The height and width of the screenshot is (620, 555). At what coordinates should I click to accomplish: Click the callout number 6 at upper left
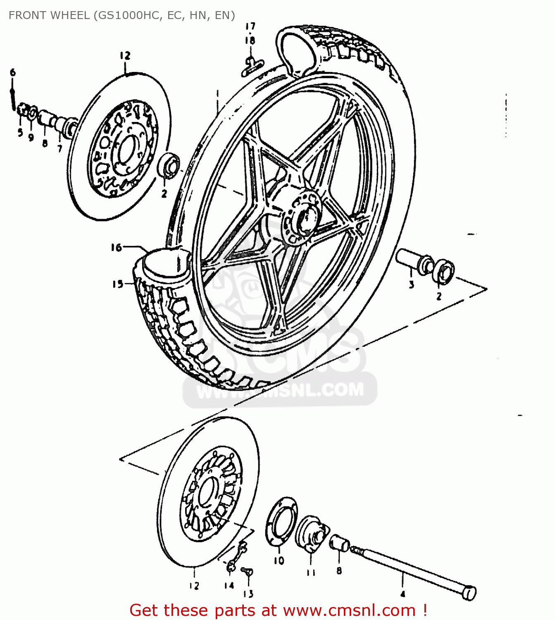[x=13, y=72]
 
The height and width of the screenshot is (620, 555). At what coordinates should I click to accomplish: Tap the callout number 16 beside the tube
[x=116, y=248]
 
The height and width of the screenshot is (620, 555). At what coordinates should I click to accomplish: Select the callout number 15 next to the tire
[x=117, y=284]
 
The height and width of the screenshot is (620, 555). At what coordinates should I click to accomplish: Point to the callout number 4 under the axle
[x=403, y=594]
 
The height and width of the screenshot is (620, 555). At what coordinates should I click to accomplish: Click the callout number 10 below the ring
[x=279, y=560]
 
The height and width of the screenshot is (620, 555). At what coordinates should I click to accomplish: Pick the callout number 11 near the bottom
[x=311, y=572]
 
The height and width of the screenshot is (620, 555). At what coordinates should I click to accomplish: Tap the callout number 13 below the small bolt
[x=248, y=594]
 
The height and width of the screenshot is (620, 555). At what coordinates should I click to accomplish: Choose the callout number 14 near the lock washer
[x=229, y=585]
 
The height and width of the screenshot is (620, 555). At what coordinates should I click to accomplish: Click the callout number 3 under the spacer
[x=411, y=285]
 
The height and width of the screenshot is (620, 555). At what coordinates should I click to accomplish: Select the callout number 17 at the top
[x=250, y=26]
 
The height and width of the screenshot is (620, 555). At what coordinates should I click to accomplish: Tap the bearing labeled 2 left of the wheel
[x=169, y=165]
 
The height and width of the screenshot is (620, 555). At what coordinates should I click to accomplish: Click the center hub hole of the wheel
[x=306, y=218]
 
